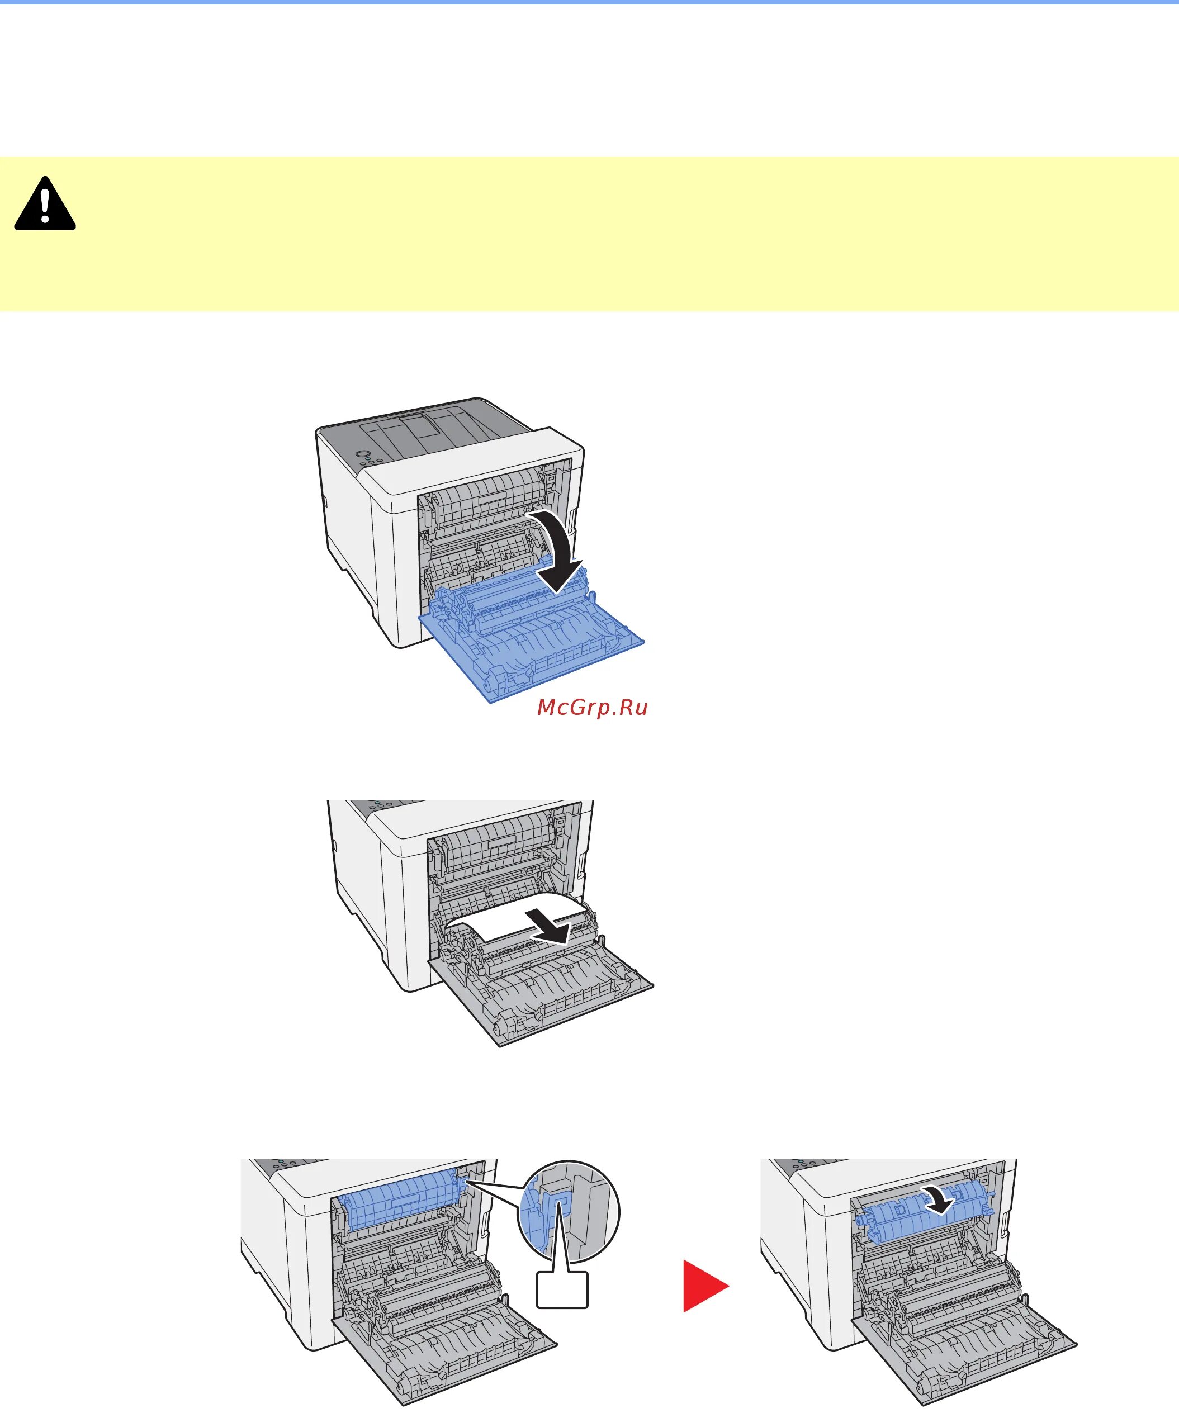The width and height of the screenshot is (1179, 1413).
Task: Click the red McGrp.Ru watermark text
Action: (592, 707)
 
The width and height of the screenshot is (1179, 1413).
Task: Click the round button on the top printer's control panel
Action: (363, 455)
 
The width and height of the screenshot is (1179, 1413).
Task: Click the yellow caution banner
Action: (589, 234)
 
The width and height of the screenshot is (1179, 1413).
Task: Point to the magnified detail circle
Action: (569, 1211)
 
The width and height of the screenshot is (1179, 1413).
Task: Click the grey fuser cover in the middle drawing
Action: (498, 845)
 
